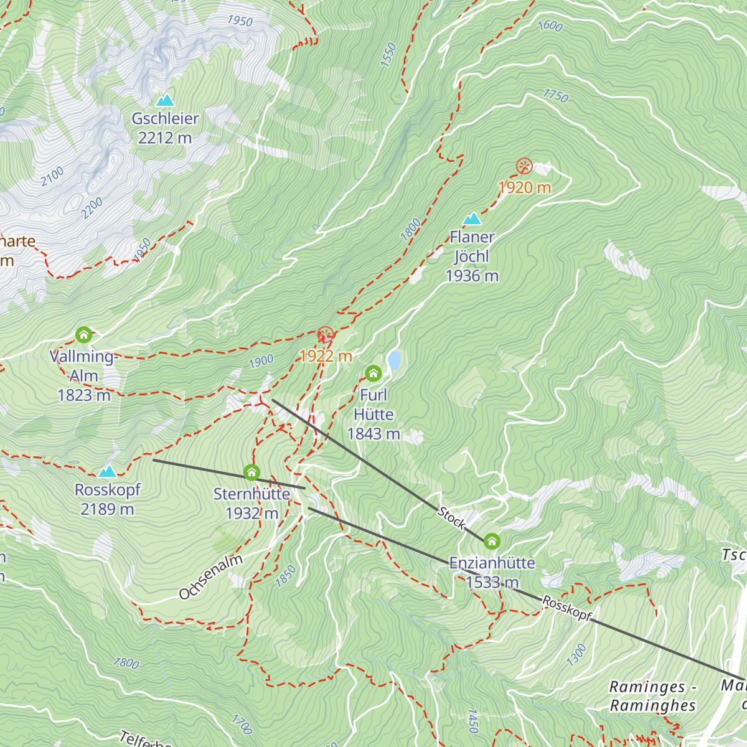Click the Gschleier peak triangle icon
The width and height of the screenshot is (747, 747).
[x=165, y=100]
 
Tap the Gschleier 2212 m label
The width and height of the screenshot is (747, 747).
[x=165, y=128]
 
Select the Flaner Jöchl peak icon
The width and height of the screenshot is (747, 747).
[x=472, y=218]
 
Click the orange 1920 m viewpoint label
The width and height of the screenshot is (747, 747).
[x=525, y=187]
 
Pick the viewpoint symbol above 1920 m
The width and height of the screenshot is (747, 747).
[x=524, y=166]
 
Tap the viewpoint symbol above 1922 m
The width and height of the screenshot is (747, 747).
[x=325, y=335]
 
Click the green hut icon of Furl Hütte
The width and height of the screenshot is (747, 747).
[x=373, y=374]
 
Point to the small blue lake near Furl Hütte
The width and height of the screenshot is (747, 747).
[x=394, y=360]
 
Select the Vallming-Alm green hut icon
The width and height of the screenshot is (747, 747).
[x=83, y=335]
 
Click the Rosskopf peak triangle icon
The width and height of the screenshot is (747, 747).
[x=108, y=471]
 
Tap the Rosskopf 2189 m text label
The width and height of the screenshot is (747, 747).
[x=108, y=499]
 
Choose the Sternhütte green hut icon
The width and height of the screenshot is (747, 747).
[x=251, y=472]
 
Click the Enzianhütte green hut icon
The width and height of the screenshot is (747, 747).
[x=492, y=541]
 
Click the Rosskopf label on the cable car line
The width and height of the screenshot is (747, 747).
[x=566, y=608]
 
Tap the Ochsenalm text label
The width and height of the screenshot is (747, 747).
[x=210, y=577]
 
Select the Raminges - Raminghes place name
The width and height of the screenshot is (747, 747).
[x=652, y=696]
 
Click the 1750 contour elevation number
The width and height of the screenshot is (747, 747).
[x=555, y=96]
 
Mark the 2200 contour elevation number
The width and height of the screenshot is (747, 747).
[x=92, y=209]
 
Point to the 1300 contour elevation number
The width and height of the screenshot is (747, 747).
[x=577, y=655]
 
